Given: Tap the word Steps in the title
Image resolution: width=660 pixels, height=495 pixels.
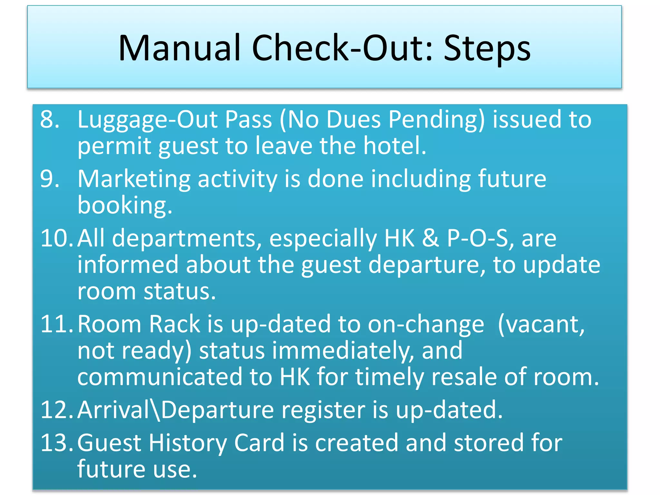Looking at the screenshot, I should (x=487, y=48).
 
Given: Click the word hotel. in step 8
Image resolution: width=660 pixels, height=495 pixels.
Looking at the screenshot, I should (x=395, y=146).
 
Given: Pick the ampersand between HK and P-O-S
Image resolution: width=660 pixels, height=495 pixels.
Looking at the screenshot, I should (x=430, y=238).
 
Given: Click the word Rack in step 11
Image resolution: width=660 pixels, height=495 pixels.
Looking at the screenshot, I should (x=174, y=324).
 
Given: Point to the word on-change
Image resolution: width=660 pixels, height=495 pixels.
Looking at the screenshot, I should (x=426, y=324).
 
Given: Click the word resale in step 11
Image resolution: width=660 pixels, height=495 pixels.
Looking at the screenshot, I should (x=464, y=377).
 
